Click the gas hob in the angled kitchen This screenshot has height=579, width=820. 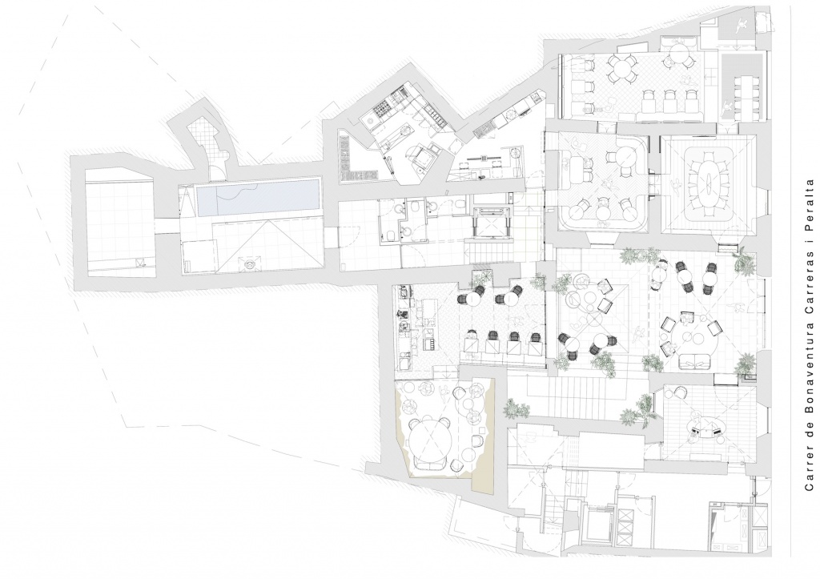[379, 111]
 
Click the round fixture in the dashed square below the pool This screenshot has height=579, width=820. [251, 264]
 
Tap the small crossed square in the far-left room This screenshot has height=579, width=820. [139, 263]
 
